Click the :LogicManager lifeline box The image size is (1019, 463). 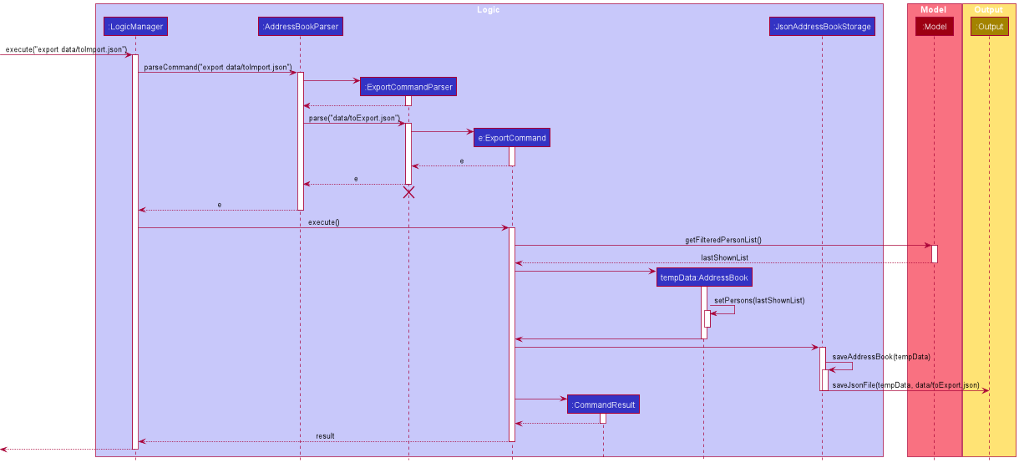click(134, 27)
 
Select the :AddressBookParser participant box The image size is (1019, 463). click(300, 27)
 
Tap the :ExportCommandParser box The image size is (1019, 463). click(408, 86)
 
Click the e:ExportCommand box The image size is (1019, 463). click(512, 137)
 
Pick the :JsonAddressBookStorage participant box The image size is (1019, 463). click(822, 27)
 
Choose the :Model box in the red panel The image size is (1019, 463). click(935, 27)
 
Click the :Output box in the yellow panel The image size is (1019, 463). click(990, 27)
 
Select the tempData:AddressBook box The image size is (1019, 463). click(704, 277)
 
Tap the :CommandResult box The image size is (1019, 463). click(603, 404)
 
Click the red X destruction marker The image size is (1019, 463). click(408, 192)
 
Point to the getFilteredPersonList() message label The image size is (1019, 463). click(722, 240)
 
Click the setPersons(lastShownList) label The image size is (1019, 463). click(758, 300)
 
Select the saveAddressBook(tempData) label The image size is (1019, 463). click(881, 357)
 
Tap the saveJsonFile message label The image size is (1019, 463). click(905, 385)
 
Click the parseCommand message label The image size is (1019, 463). click(218, 67)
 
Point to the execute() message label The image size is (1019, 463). click(323, 222)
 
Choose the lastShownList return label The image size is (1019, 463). click(724, 257)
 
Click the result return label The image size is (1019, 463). click(325, 436)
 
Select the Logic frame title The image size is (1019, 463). click(489, 10)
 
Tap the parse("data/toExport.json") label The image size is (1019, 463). click(353, 118)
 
